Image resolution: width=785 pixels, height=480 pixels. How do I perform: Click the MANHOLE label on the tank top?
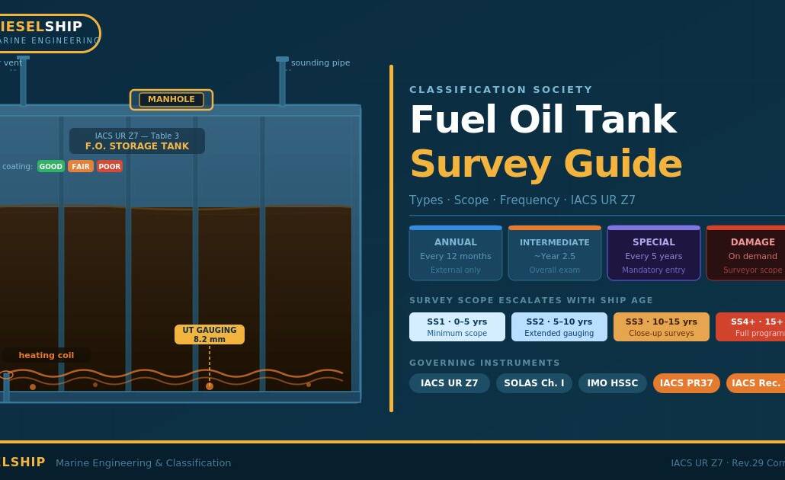[171, 100]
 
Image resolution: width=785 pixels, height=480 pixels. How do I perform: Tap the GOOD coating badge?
[51, 166]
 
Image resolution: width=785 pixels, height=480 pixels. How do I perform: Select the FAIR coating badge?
[81, 166]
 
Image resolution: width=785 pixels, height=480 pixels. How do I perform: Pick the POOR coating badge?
[110, 166]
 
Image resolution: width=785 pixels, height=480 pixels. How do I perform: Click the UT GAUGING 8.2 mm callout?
[210, 334]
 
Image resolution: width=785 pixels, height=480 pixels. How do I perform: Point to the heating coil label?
[46, 355]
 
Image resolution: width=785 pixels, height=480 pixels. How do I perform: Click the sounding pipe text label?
[320, 62]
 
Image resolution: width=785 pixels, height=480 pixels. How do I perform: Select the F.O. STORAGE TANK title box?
[137, 141]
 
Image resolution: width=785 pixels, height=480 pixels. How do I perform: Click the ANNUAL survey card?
[456, 254]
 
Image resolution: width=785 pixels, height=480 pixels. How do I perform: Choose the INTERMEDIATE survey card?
[555, 254]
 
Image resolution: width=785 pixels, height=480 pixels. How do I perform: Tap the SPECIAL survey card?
[654, 254]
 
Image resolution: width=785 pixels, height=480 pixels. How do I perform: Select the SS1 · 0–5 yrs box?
[457, 327]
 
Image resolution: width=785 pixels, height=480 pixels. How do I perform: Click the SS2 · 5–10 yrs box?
[559, 327]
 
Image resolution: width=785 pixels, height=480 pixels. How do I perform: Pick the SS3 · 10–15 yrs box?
[662, 327]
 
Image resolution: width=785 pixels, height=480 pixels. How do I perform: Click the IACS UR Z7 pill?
[450, 383]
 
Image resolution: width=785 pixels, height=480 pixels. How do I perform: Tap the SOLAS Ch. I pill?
[534, 383]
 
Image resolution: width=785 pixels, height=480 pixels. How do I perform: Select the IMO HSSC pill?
[613, 383]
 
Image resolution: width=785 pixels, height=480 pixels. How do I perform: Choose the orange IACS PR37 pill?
[687, 383]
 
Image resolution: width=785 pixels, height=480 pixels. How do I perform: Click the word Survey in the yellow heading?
[480, 164]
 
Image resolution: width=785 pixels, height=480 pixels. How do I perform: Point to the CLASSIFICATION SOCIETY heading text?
[501, 90]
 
